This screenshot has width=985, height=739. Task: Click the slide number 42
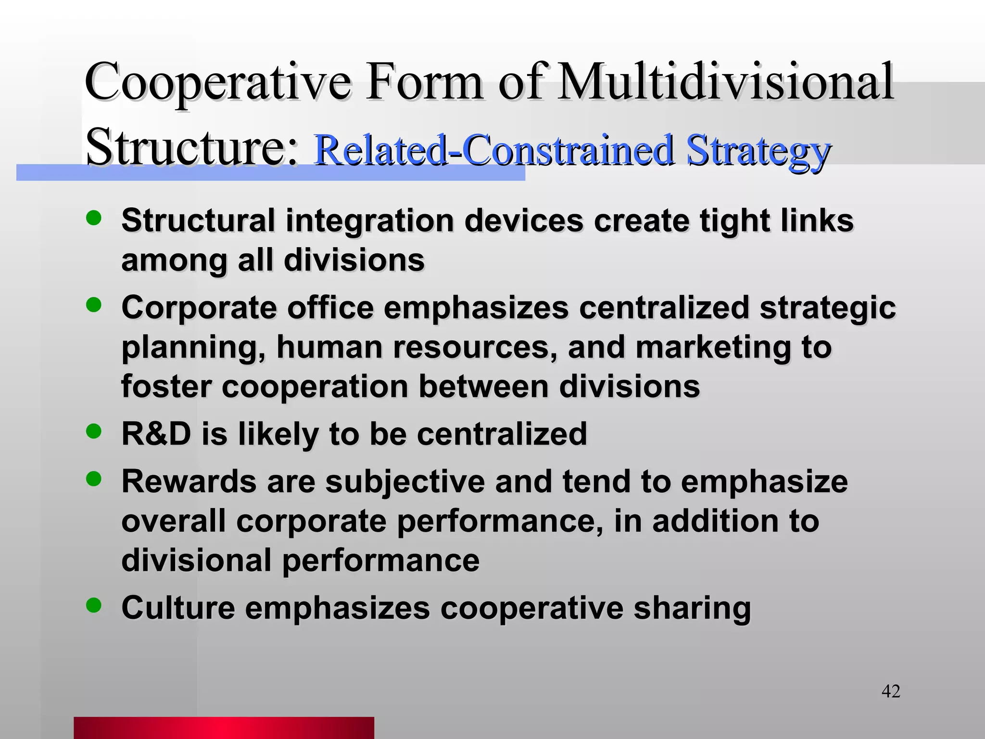point(890,691)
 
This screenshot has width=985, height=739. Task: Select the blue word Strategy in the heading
point(758,150)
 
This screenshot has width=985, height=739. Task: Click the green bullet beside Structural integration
point(94,218)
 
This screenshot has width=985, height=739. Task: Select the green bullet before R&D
point(94,431)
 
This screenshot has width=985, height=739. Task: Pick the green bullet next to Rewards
point(94,478)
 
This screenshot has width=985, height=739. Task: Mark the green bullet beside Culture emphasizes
point(94,605)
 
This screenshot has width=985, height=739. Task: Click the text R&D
point(156,433)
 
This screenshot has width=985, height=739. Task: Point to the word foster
point(166,386)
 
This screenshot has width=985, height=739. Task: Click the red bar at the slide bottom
point(224,727)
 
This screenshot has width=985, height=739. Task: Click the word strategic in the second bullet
point(827,307)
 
